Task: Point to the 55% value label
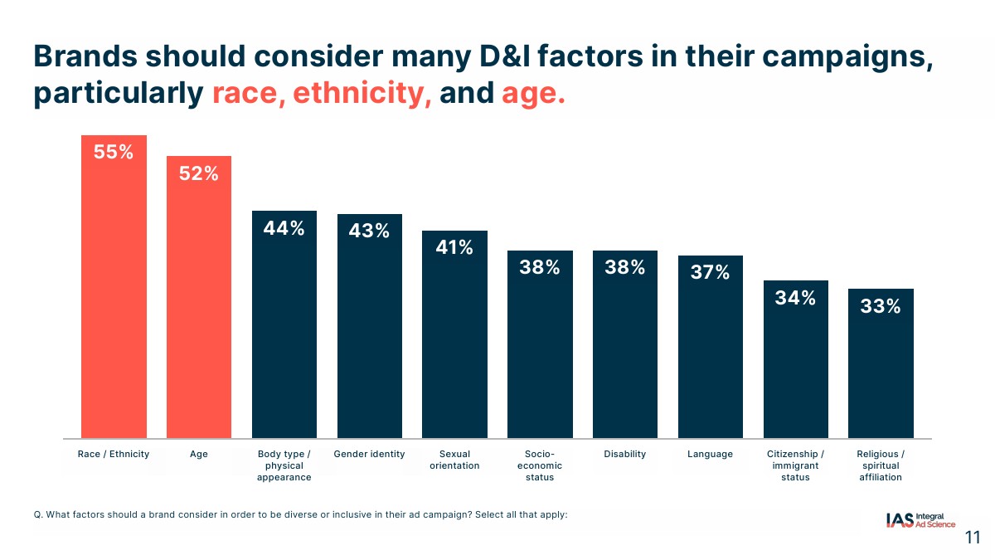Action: point(114,153)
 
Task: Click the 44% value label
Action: point(284,228)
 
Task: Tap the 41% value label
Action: point(454,247)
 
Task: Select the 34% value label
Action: point(795,298)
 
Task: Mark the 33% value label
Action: point(881,306)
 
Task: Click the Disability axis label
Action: point(624,454)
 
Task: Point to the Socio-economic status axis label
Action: point(540,465)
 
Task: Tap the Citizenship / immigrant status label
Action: point(795,465)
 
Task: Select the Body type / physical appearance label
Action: point(284,465)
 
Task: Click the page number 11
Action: point(973,538)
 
